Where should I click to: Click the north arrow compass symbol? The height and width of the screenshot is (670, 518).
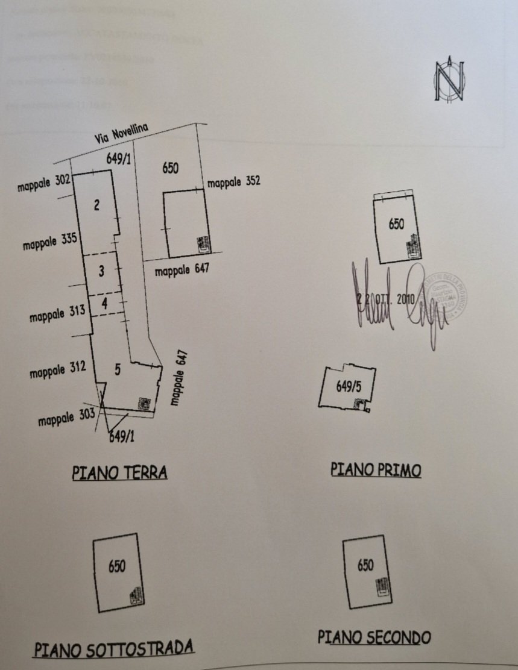[x=448, y=80]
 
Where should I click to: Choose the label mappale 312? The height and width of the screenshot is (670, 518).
[x=58, y=370]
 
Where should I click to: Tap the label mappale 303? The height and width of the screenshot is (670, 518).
[x=66, y=418]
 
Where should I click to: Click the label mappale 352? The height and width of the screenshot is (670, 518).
[x=234, y=181]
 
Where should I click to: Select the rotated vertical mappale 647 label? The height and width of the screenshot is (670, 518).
[x=179, y=378]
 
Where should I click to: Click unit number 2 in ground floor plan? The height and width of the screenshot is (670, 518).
[x=97, y=205]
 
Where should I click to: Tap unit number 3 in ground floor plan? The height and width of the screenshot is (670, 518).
[x=101, y=271]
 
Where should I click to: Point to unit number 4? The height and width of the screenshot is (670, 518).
[x=104, y=304]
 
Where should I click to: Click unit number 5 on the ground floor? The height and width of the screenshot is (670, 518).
[x=118, y=370]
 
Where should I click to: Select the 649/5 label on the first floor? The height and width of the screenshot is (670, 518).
[x=349, y=387]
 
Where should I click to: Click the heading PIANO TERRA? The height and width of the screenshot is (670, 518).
[x=119, y=472]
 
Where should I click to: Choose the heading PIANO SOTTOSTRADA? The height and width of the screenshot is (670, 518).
[x=114, y=648]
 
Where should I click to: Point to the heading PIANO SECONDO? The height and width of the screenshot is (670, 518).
[x=374, y=636]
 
